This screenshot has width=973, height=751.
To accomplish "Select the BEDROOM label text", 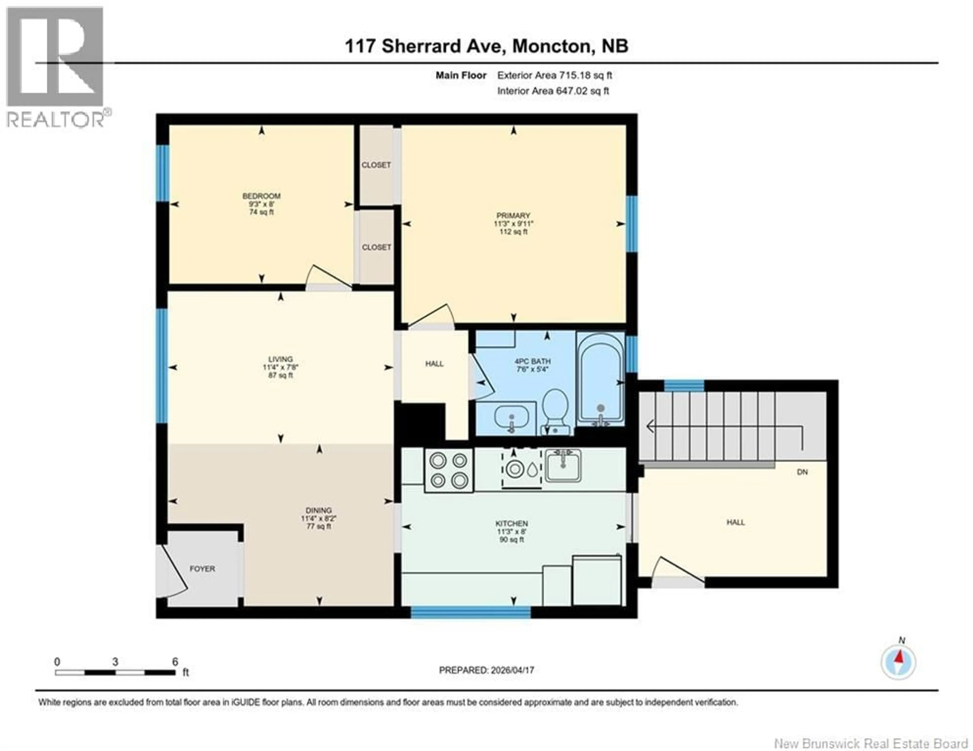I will coord(261,196).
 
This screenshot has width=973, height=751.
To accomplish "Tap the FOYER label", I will coord(202,569).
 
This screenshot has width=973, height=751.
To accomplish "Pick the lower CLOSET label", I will coord(377,247).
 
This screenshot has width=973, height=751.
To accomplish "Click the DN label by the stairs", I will coord(802,472).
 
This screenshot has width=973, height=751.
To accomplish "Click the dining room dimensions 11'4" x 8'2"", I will coord(319,518).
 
